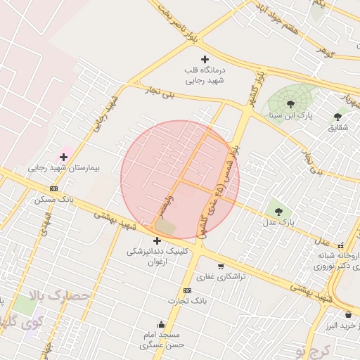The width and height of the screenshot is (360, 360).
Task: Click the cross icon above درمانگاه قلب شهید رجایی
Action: (x=205, y=59)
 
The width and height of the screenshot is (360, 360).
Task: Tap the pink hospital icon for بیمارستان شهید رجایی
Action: (x=63, y=156)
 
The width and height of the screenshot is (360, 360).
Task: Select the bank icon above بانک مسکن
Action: (x=54, y=188)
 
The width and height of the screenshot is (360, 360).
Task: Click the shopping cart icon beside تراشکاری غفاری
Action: (x=221, y=266)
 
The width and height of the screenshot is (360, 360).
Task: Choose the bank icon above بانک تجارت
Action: (x=187, y=290)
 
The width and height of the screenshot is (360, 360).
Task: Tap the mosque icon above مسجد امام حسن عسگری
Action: (x=162, y=324)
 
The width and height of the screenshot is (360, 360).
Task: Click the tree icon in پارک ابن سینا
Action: (x=290, y=103)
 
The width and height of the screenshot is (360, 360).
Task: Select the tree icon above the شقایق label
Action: (x=337, y=116)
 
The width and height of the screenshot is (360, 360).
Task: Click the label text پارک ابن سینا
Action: (x=314, y=114)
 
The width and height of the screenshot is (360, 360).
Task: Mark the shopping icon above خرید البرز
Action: (x=348, y=314)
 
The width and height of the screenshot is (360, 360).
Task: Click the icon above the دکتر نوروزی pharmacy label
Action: (x=341, y=246)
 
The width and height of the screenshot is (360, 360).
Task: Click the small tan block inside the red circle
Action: (x=166, y=227)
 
